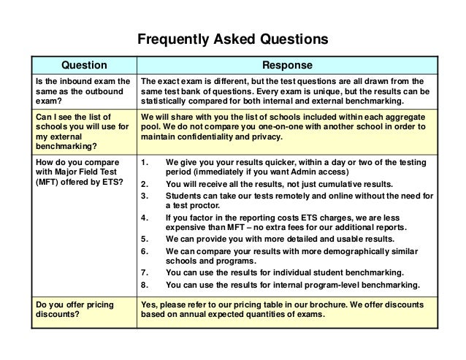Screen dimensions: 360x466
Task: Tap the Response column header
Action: coord(289,65)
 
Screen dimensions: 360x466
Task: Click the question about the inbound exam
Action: coord(82,90)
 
